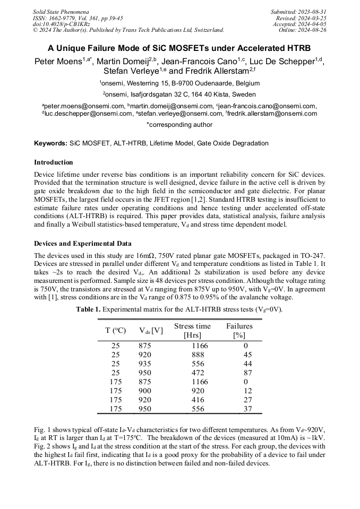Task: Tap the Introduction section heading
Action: pyautogui.click(x=53, y=162)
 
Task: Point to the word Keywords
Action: pyautogui.click(x=50, y=143)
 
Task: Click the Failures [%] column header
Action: pyautogui.click(x=239, y=330)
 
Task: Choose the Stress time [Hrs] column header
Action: pyautogui.click(x=192, y=330)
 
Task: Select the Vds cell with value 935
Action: pyautogui.click(x=145, y=364)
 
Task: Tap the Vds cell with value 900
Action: pyautogui.click(x=145, y=391)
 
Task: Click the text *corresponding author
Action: pyautogui.click(x=179, y=125)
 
